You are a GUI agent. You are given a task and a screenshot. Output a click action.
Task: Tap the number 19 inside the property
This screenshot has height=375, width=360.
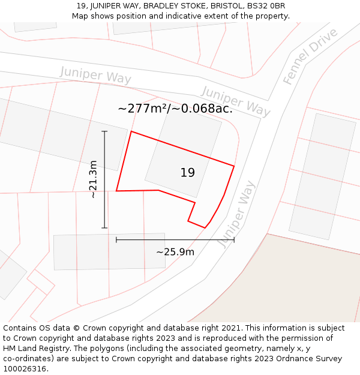[x=187, y=173]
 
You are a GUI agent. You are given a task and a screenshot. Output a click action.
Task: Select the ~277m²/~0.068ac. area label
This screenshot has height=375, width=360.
[x=175, y=109]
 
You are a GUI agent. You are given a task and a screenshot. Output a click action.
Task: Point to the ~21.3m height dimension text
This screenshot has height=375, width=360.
[x=93, y=179]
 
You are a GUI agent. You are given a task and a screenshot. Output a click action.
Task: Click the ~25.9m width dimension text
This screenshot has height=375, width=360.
[x=175, y=252]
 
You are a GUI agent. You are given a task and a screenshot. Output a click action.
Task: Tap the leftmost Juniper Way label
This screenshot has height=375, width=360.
[x=95, y=76]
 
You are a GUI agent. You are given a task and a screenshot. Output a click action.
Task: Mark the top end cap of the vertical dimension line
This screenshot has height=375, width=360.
[x=104, y=131]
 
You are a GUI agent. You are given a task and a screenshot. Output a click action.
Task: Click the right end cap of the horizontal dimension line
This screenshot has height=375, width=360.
[x=234, y=240]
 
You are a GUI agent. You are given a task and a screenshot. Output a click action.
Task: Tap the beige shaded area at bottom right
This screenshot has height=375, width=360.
[x=300, y=282]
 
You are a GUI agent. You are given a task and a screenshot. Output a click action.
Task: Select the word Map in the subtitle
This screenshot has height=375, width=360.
[x=80, y=16]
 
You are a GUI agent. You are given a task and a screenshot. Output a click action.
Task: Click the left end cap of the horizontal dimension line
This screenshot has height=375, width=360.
[x=116, y=240]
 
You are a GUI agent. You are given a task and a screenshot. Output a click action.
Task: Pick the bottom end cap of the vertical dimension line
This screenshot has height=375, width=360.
[x=104, y=228]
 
